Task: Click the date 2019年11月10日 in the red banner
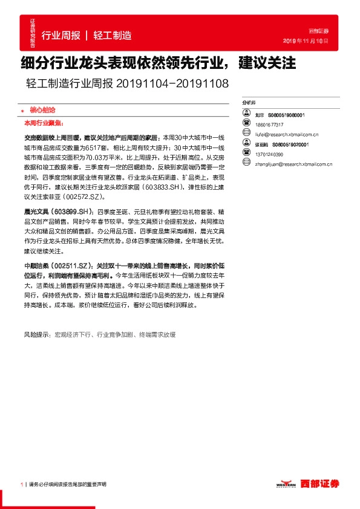click(x=306, y=41)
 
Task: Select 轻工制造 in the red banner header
click(x=113, y=36)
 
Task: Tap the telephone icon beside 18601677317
click(x=246, y=123)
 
